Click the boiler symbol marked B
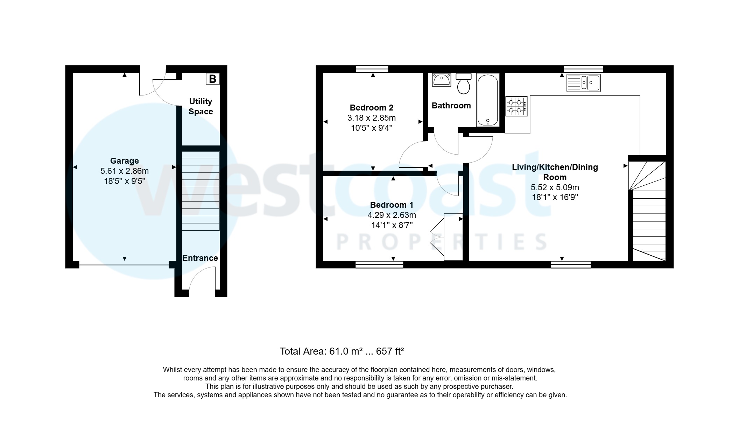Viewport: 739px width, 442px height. [212, 79]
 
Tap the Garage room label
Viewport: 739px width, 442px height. [124, 161]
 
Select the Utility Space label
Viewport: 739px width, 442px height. [200, 106]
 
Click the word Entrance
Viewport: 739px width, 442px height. [200, 258]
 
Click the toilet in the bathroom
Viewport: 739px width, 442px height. [464, 84]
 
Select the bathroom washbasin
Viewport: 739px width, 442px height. [441, 80]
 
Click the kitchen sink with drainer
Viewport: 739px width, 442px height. [583, 83]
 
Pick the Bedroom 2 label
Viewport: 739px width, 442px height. [371, 108]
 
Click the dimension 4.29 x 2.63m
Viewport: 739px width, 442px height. [392, 215]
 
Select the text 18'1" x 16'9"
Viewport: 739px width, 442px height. [555, 197]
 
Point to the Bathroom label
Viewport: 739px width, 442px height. [451, 106]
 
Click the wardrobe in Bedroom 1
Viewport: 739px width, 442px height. [453, 237]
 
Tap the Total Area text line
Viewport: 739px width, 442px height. [342, 351]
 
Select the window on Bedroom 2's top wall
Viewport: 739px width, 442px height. [372, 69]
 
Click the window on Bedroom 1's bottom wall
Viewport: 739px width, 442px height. [379, 265]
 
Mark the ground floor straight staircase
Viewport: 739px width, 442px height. [200, 191]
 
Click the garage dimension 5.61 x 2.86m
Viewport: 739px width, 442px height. [124, 171]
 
